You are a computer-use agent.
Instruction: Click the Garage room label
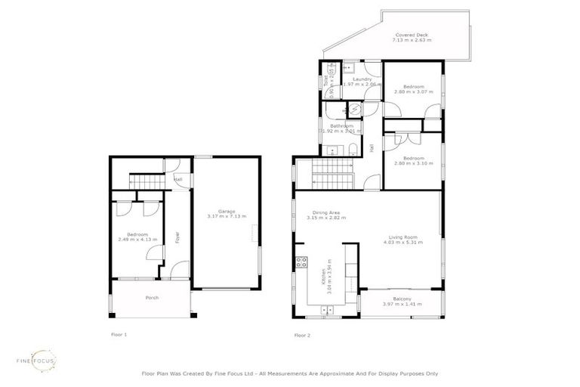[x=227, y=211]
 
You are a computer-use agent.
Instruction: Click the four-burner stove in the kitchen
[x=301, y=263]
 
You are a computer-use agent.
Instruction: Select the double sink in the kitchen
[x=327, y=310]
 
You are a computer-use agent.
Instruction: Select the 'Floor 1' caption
[x=119, y=333]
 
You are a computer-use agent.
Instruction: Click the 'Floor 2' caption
[x=303, y=335]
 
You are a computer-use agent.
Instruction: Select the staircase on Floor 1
[x=148, y=181]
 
